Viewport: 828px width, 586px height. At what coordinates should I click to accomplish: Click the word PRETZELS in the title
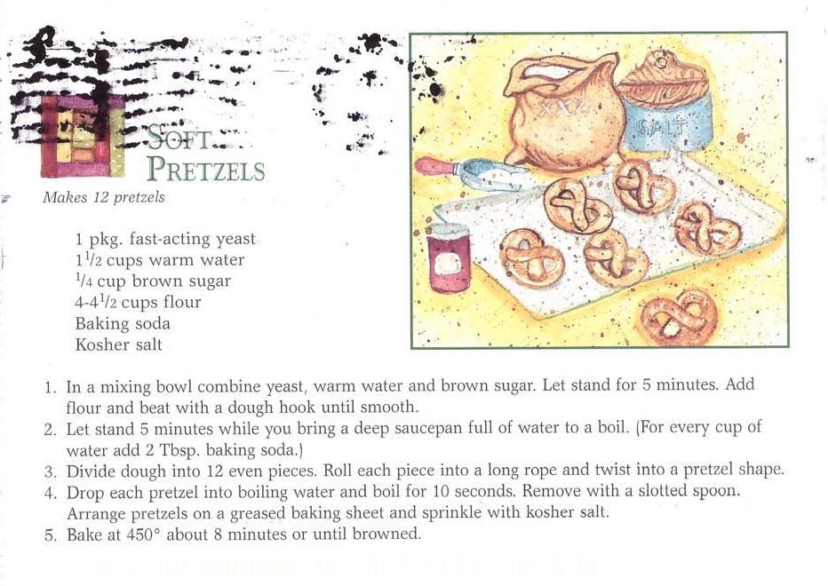point(205,169)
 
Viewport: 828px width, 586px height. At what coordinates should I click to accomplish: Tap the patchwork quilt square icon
point(83,136)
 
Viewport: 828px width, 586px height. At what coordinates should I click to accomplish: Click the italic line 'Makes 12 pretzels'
point(103,197)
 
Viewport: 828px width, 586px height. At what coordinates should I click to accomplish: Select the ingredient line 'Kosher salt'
point(118,344)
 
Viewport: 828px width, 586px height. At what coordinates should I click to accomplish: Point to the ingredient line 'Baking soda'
point(123,323)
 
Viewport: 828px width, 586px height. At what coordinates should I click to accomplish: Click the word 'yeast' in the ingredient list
point(235,239)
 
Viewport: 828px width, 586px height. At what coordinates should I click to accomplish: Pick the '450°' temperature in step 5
point(143,535)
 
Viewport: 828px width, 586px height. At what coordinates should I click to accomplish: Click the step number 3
point(50,471)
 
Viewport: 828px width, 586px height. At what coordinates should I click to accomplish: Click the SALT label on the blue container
point(662,127)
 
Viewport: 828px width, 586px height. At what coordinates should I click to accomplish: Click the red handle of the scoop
point(433,167)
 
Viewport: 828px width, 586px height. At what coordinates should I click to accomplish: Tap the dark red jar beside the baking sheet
point(449,257)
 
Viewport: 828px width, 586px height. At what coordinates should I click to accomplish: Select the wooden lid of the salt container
point(664,77)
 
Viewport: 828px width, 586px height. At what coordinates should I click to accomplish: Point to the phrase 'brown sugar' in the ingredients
point(181,281)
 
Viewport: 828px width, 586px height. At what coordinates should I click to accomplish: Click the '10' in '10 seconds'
point(441,492)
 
